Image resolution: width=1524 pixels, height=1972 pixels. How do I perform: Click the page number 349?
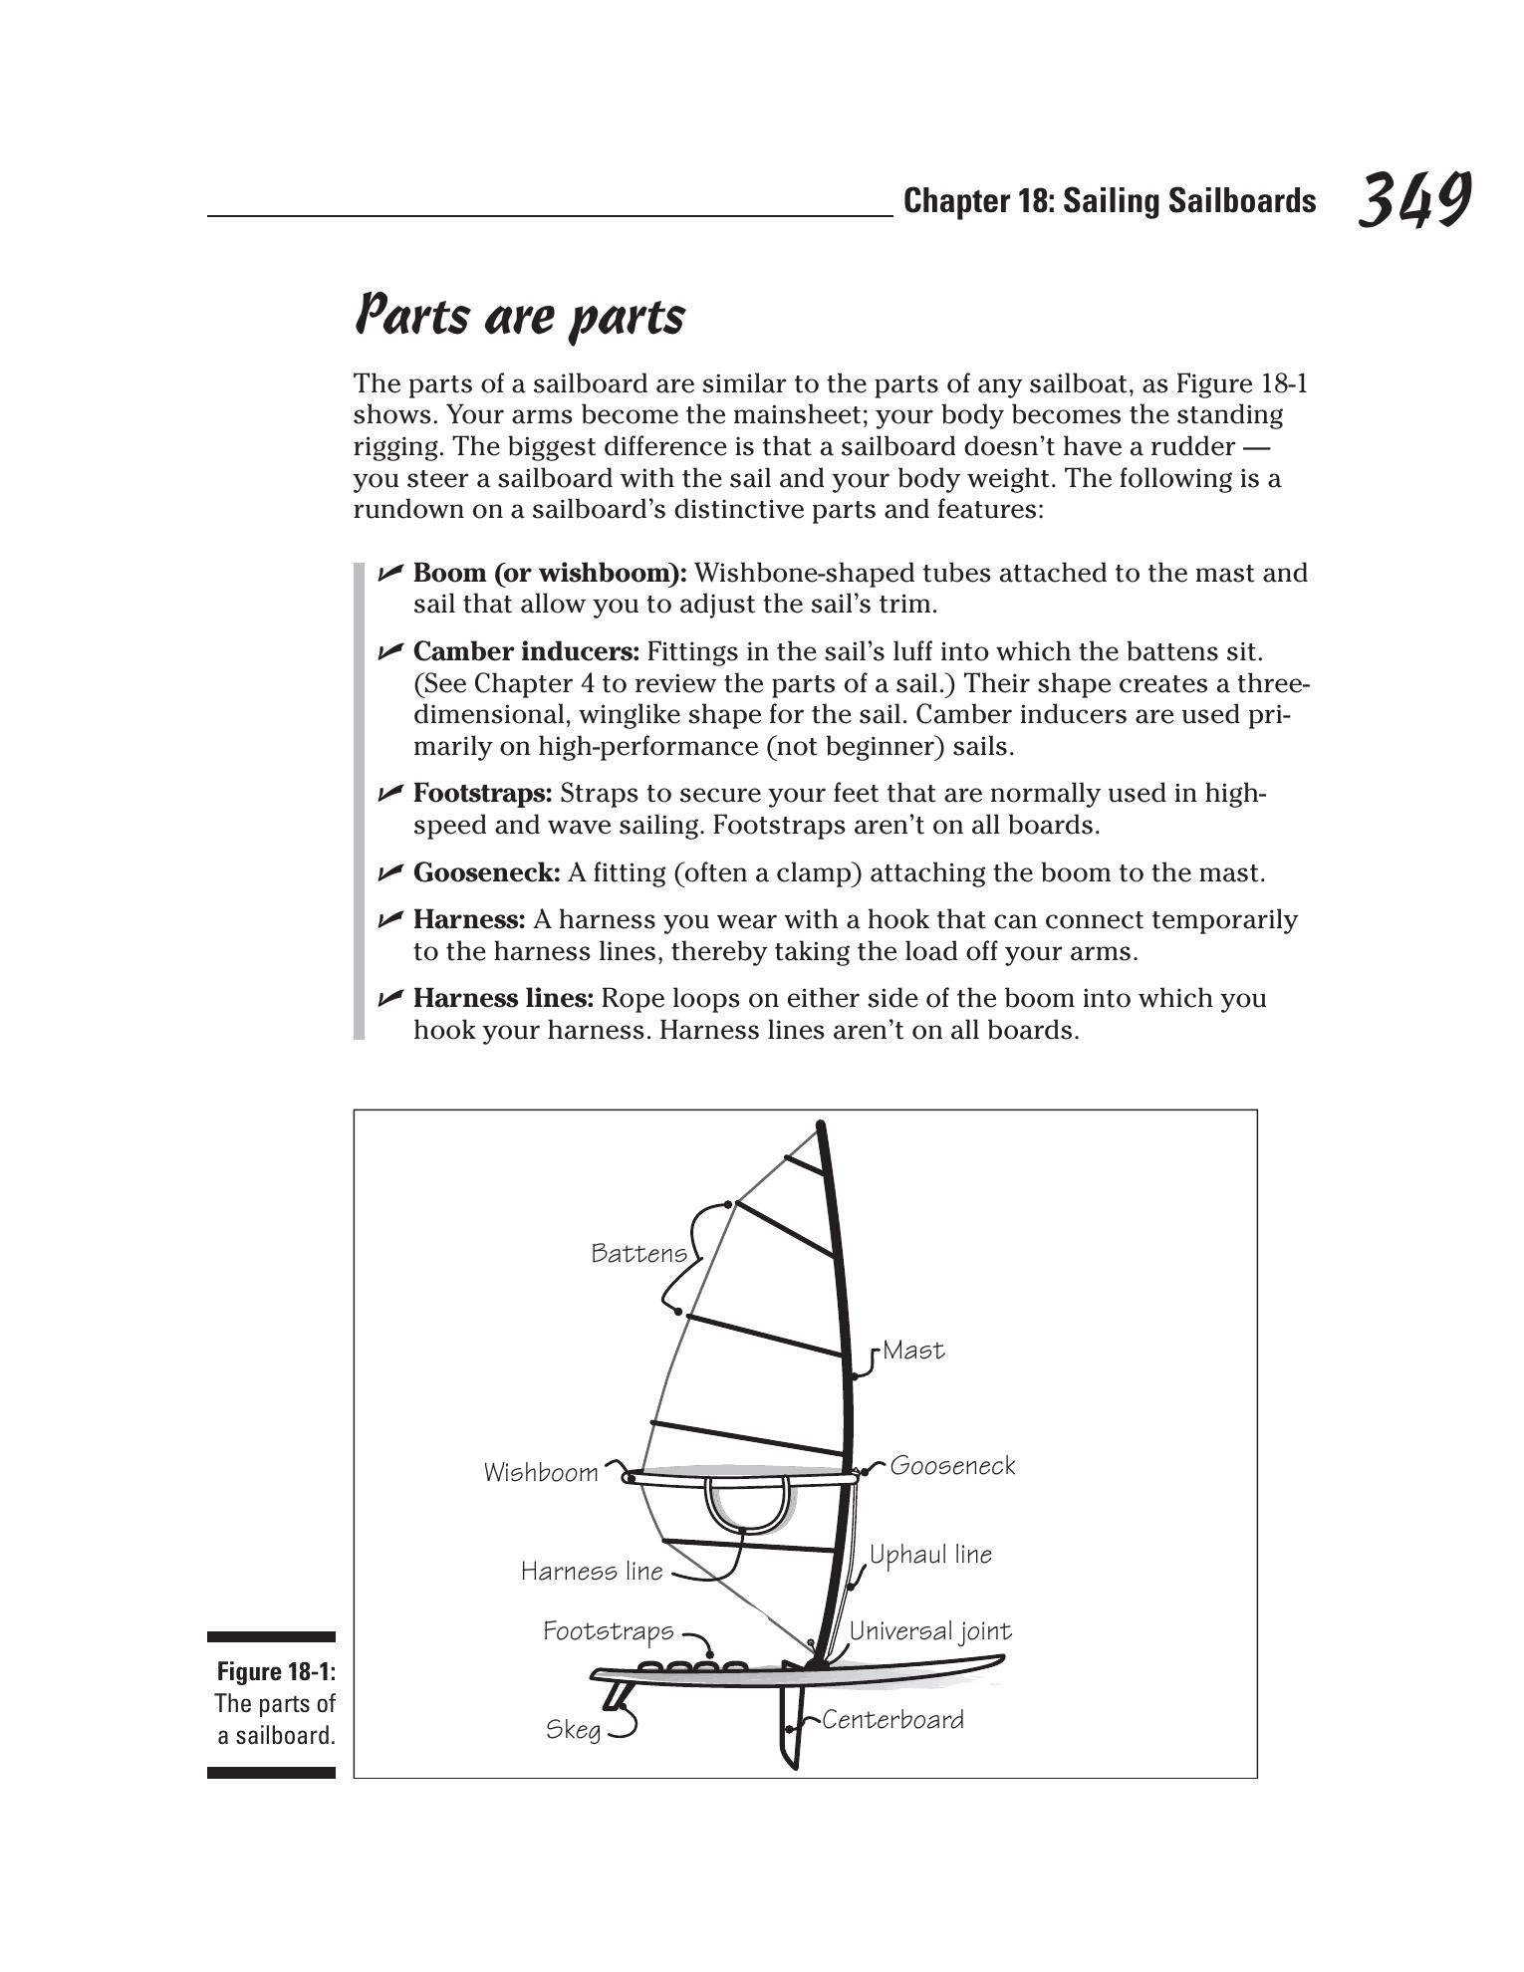coord(1413,200)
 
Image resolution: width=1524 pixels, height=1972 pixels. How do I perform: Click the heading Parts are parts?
coord(520,316)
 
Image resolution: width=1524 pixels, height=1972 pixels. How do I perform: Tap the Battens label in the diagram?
coord(638,1253)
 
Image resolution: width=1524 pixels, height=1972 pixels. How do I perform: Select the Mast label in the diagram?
coord(913,1351)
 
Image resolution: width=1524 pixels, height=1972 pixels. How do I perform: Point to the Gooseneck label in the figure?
coord(952,1466)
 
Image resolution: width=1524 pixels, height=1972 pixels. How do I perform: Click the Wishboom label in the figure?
coord(541,1473)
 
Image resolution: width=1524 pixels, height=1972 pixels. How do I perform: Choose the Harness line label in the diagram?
coord(592,1572)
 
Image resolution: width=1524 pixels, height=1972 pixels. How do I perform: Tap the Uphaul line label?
coord(930,1555)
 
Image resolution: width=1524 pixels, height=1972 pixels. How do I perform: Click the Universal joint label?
coord(929,1631)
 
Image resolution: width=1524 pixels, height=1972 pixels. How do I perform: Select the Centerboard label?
coord(892,1720)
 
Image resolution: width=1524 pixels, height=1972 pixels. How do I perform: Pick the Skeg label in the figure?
coord(574,1730)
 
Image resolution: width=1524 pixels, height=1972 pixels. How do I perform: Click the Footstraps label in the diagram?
coord(608,1631)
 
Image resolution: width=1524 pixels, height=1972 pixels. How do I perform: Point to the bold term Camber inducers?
coord(526,652)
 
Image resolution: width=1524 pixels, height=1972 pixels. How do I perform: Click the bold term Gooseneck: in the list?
coord(486,873)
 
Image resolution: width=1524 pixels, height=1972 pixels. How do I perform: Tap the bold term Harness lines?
coord(503,999)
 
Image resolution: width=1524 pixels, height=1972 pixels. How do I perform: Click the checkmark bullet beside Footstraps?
coord(389,794)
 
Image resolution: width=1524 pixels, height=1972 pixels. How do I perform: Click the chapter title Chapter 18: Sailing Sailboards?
coord(1109,201)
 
